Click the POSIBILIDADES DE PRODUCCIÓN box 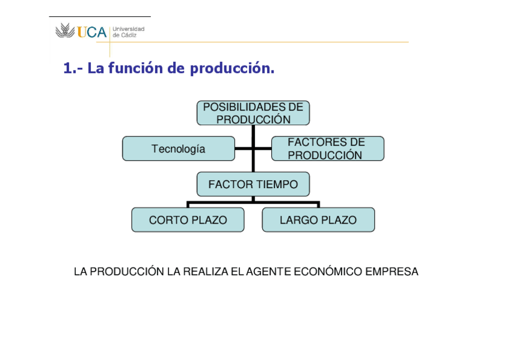tap(253, 113)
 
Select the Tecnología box tap(178, 148)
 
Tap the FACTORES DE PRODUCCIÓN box tap(327, 148)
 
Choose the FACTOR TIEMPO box tap(253, 185)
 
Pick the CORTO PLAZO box tap(188, 220)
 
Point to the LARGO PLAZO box tap(318, 220)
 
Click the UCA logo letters tap(91, 32)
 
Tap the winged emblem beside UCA tap(65, 31)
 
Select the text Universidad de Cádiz tap(128, 32)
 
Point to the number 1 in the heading tap(67, 69)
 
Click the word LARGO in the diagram tap(299, 220)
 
